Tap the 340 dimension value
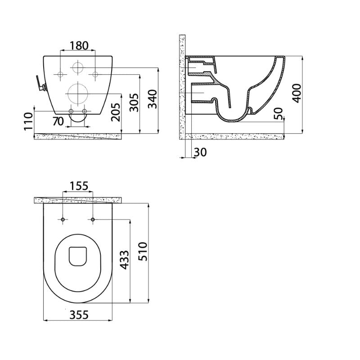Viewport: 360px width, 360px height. coord(153,99)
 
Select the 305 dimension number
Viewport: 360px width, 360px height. coord(134,103)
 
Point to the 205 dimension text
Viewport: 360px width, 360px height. coord(116,112)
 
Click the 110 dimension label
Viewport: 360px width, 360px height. coord(29,121)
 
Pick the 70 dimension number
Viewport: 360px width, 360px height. coord(58,121)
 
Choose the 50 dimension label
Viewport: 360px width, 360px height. coord(279,113)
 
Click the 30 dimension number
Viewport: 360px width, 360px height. coord(200,152)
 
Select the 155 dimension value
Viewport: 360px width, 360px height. coord(79,186)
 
